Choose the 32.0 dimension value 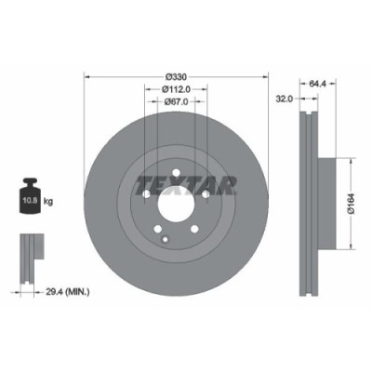286,97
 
